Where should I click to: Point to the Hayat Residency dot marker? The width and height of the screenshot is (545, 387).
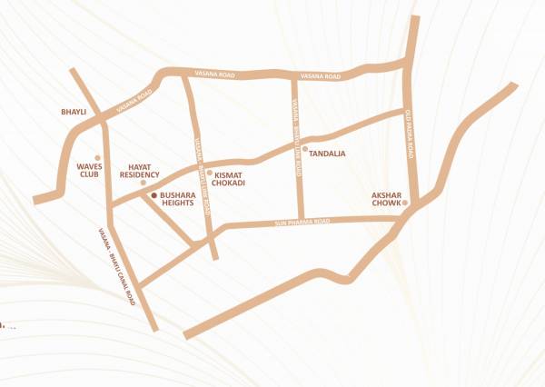click(143, 182)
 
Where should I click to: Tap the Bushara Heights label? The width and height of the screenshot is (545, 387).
click(181, 201)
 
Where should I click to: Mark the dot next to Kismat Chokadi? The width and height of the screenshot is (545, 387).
click(210, 172)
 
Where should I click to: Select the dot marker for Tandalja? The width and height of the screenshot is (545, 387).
click(305, 148)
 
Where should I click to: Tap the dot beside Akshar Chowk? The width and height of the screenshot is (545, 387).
click(406, 202)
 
